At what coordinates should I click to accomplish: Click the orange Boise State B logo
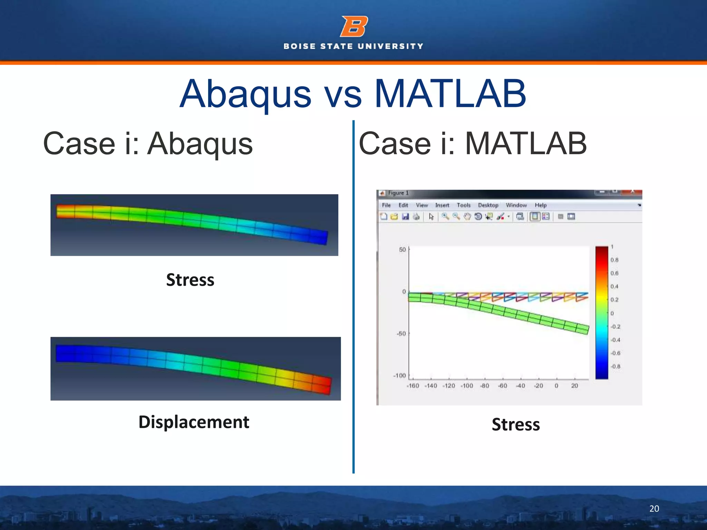coord(354,26)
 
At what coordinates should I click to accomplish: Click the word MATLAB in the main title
coord(450,94)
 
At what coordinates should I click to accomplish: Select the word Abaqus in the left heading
coord(200,144)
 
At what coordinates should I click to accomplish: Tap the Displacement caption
coord(194,422)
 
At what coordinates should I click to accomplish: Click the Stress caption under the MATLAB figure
coord(515,424)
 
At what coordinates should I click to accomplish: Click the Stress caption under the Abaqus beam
coord(190,279)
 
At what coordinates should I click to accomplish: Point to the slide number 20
coord(654,509)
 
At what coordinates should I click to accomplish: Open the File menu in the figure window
coord(386,205)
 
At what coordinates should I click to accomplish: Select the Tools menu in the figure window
coord(463,205)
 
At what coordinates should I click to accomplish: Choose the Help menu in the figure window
coord(541,205)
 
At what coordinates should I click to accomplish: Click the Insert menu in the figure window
coord(442,205)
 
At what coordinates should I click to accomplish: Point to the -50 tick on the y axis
coord(401,334)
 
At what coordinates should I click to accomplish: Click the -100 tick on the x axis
coord(467,386)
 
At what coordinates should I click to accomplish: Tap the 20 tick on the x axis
coord(574,386)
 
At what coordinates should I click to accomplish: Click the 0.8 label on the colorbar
coord(614,260)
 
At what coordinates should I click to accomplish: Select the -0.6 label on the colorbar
coord(615,353)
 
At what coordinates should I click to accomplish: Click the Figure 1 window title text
coord(398,193)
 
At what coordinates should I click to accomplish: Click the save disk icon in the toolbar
coord(405,217)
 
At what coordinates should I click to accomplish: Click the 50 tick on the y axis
coord(403,249)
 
